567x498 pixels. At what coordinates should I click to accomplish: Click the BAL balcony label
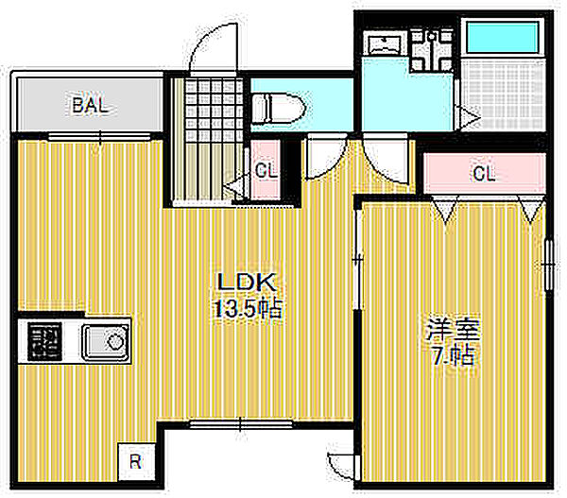click(91, 105)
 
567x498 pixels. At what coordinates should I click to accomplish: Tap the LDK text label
click(247, 281)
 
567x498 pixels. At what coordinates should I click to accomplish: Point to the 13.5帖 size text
click(248, 308)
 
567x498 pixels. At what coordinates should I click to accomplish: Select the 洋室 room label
click(454, 331)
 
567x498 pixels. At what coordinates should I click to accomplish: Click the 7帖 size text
click(453, 358)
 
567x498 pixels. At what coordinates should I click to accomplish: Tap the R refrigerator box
click(136, 461)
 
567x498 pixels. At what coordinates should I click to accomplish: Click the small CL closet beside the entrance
click(266, 171)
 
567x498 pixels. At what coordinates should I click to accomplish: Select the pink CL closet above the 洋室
click(484, 173)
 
